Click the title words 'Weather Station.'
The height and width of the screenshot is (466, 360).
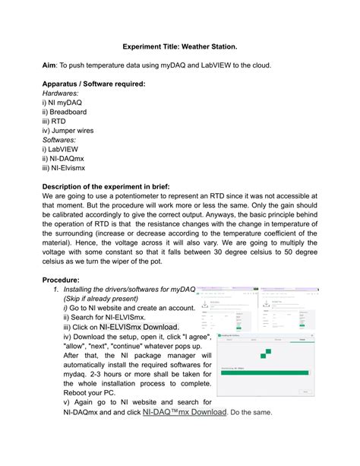(x=202, y=46)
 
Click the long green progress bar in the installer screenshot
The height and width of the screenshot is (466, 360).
(x=264, y=372)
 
